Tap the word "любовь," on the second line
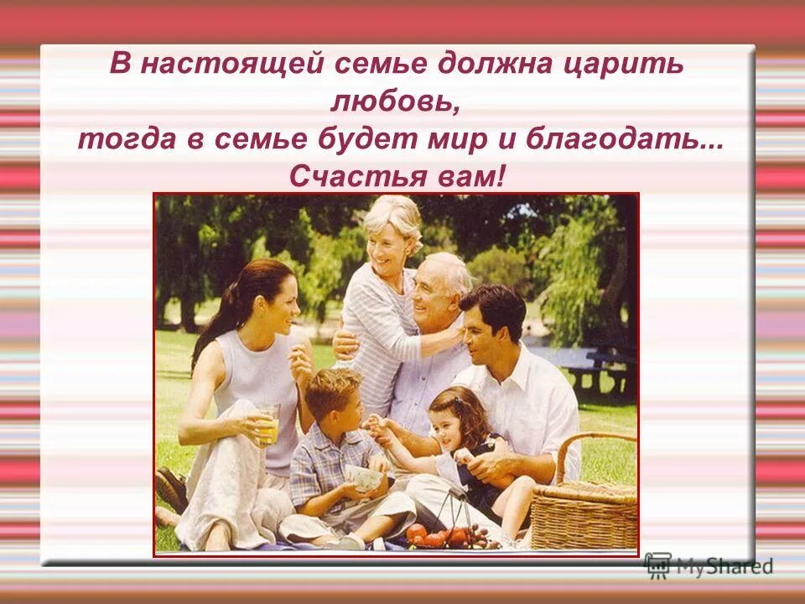click(395, 103)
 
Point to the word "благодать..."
click(626, 139)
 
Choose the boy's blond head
click(334, 388)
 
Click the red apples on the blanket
click(436, 534)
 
